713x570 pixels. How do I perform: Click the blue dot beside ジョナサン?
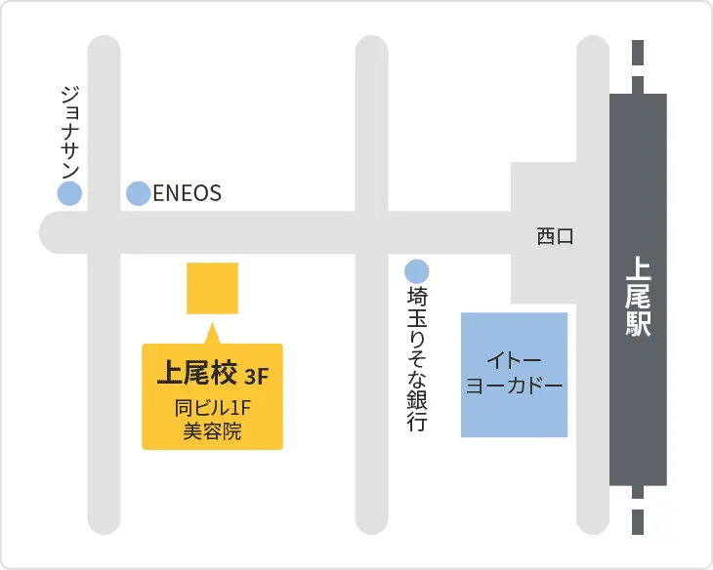tap(69, 193)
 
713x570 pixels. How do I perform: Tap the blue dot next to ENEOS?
tap(139, 193)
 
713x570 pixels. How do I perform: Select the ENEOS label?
tap(188, 193)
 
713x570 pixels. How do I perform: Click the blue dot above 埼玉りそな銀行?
tap(417, 270)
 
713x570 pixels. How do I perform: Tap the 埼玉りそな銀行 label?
tap(417, 358)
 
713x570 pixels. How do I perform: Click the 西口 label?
tap(555, 236)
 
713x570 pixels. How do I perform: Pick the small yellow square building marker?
tap(212, 288)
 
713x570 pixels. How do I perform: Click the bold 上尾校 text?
tap(197, 373)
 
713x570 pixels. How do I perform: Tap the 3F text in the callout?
tap(257, 376)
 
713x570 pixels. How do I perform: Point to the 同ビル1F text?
tap(212, 409)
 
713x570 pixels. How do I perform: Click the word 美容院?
tap(212, 431)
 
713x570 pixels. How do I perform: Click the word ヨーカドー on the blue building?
tap(514, 386)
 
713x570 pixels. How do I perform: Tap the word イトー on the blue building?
tap(514, 360)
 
